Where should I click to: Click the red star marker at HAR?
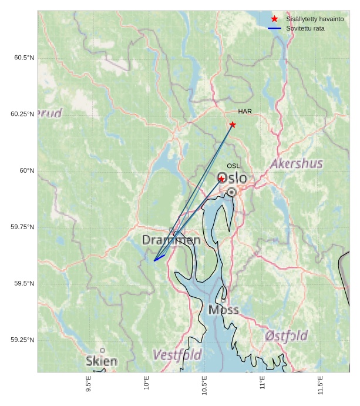tap(233, 125)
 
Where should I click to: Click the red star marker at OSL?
tap(221, 179)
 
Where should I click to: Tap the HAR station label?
tap(245, 112)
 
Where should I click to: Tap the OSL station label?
tap(233, 166)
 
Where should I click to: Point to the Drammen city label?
tap(171, 240)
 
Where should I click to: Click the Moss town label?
tap(223, 310)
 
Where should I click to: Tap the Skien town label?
tap(101, 361)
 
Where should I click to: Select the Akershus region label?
tap(297, 163)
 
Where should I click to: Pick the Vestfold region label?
tap(177, 355)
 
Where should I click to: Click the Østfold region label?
tap(286, 336)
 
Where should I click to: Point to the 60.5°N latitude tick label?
tap(24, 58)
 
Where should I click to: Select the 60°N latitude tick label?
tap(27, 170)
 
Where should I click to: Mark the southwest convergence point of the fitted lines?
tap(154, 260)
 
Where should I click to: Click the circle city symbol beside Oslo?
tap(232, 192)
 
